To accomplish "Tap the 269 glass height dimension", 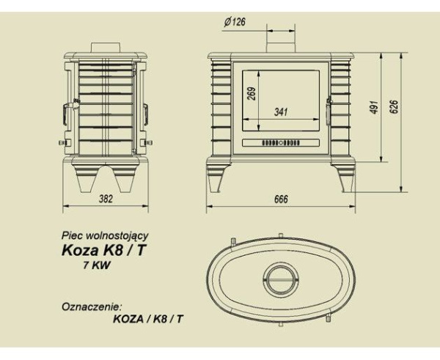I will pyautogui.click(x=251, y=96).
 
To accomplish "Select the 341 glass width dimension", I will pyautogui.click(x=280, y=112).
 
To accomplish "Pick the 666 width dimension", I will pyautogui.click(x=282, y=200).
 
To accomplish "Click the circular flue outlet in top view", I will pyautogui.click(x=281, y=280).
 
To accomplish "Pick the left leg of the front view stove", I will pyautogui.click(x=220, y=176).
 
